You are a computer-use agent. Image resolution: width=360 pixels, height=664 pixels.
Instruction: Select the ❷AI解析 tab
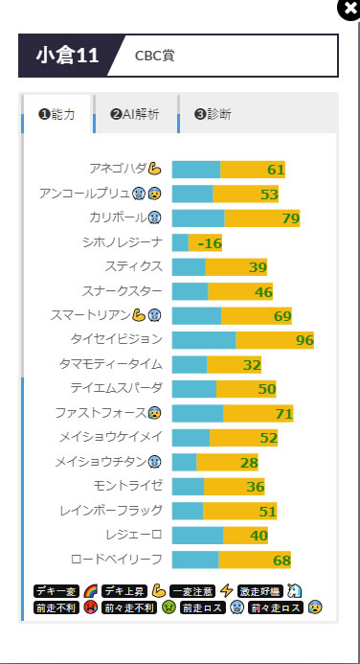tap(135, 114)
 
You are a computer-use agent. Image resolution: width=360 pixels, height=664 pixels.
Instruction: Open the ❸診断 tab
tap(213, 114)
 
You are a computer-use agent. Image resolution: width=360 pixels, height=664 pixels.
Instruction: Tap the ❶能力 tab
tap(56, 114)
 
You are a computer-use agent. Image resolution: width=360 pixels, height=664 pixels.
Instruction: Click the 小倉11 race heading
tap(68, 56)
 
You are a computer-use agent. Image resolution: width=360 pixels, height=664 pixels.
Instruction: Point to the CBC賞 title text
tap(154, 56)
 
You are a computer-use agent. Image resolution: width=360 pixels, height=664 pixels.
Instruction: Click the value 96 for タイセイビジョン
tap(304, 340)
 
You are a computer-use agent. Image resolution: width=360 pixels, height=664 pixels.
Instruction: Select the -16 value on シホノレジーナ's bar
tap(210, 243)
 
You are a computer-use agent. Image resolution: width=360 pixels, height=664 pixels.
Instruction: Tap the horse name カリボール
tap(118, 218)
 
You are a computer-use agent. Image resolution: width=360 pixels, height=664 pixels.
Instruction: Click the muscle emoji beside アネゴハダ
tap(154, 169)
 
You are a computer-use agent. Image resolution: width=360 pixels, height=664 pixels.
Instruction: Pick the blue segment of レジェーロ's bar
tap(197, 536)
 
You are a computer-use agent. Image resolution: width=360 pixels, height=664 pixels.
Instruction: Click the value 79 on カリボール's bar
tap(291, 218)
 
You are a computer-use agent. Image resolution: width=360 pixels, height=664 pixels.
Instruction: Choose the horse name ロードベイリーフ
tap(117, 559)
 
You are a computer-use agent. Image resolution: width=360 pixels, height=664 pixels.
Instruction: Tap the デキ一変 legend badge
tap(56, 591)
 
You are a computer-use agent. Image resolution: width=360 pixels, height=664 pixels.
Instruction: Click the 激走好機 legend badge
tap(260, 591)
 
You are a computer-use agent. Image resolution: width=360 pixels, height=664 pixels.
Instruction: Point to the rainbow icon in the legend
tap(90, 590)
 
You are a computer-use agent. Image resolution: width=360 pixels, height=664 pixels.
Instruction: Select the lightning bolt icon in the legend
tap(226, 590)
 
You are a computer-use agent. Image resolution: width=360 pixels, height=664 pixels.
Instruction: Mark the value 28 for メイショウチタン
tap(249, 463)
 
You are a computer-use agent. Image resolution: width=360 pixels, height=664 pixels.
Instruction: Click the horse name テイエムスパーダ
tap(117, 388)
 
